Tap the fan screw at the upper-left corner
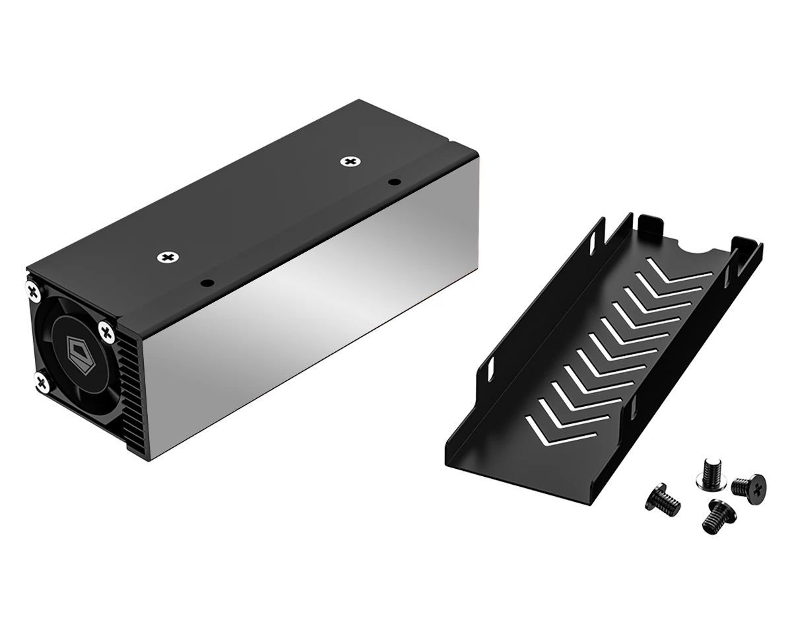34,289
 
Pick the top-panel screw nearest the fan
169,257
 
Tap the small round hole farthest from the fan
393,182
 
